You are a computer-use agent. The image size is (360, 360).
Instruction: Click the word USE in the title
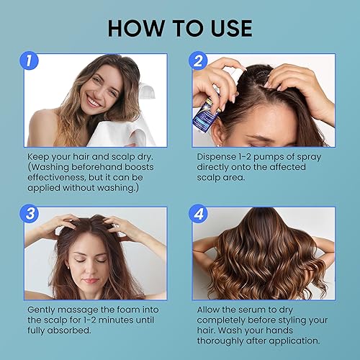pyautogui.click(x=227, y=28)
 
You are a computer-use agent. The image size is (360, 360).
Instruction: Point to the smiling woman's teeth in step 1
pyautogui.click(x=93, y=103)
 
